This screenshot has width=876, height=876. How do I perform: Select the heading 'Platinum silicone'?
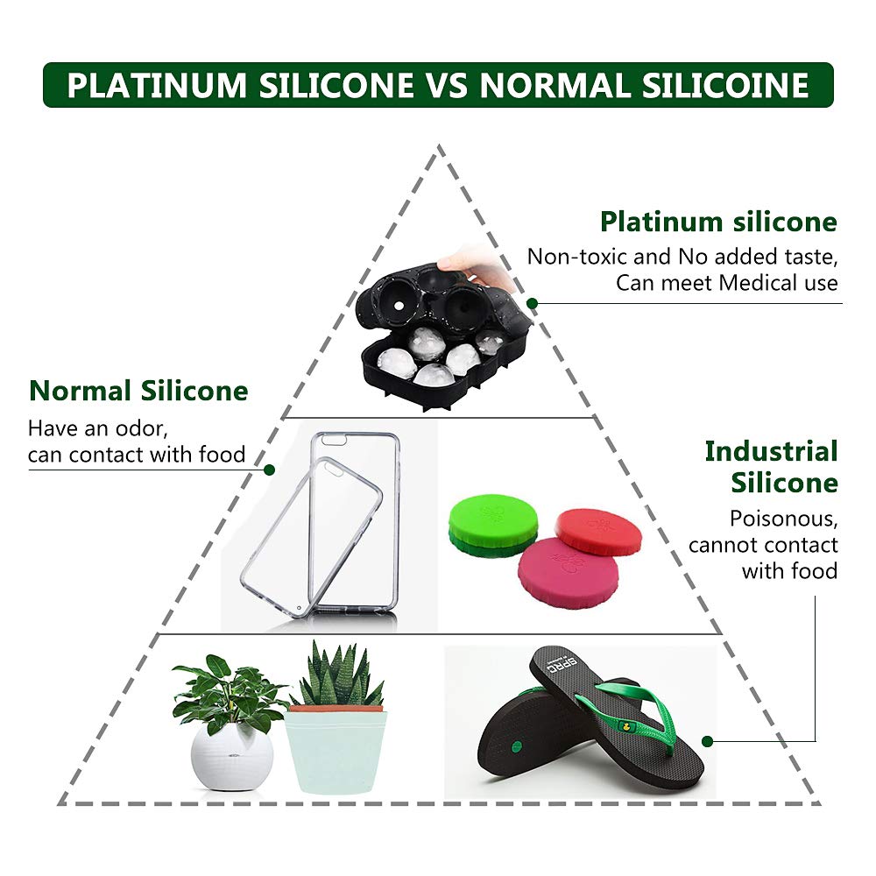tap(718, 222)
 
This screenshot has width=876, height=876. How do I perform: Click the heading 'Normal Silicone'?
tap(138, 390)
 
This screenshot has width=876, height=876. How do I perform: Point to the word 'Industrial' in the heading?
tap(771, 452)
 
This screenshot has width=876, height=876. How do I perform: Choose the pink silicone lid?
tap(568, 573)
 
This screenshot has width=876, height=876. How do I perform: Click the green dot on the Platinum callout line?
tap(532, 303)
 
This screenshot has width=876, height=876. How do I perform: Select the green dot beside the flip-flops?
tap(707, 740)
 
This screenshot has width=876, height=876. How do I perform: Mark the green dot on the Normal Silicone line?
tap(270, 470)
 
